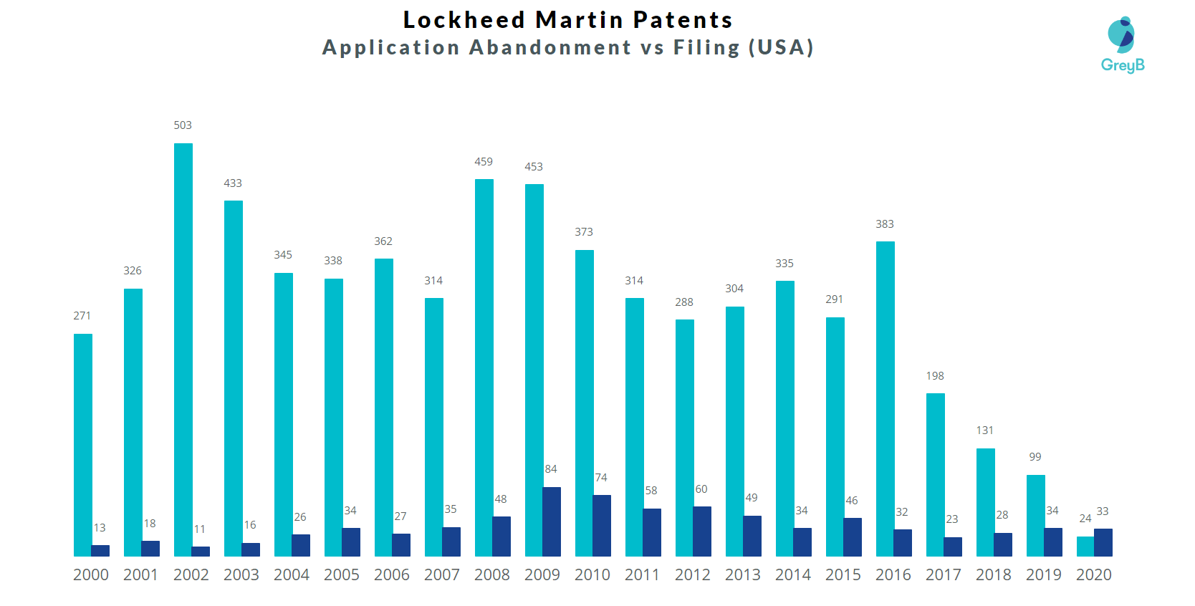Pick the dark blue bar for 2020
coord(1103,542)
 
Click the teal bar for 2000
coord(83,444)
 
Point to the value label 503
coord(183,125)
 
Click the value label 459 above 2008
coord(484,162)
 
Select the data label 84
coord(551,469)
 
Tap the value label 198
coord(935,376)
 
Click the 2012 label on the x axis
coord(692,575)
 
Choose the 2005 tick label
coord(341,575)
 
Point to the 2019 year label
coord(1043,575)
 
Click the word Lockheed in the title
coord(464,20)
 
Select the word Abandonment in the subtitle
coord(550,47)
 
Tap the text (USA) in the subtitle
coord(781,47)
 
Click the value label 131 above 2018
coord(985,431)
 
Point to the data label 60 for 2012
coord(701,489)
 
